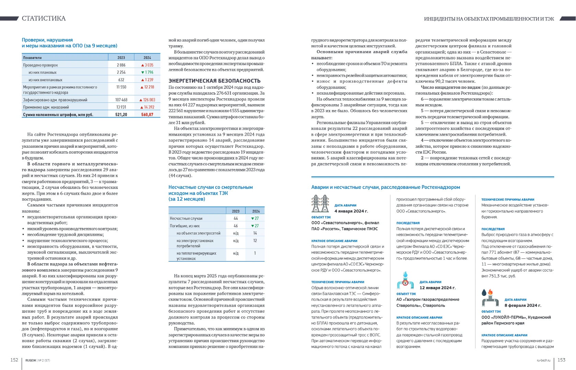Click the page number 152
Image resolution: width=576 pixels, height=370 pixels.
14,360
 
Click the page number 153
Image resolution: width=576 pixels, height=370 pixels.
561,360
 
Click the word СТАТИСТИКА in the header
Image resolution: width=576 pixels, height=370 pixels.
44,18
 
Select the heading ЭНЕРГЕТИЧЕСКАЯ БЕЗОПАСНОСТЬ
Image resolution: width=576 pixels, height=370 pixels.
214,81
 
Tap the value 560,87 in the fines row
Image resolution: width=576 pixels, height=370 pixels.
147,114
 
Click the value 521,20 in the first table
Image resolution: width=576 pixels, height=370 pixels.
121,114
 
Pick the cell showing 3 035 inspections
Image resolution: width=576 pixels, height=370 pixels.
147,65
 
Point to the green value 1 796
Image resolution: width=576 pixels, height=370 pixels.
147,72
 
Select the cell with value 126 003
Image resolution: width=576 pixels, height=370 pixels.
147,100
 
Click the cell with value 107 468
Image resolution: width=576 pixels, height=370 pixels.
121,100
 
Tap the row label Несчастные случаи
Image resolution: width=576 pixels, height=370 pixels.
186,218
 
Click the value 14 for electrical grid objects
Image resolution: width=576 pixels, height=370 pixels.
255,233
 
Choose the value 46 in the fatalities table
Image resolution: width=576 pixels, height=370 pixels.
236,226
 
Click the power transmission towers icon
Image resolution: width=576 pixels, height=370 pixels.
320,203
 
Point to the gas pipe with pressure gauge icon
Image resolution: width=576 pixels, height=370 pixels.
405,281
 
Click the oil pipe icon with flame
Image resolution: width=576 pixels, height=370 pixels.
490,298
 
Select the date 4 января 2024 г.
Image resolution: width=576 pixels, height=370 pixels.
351,211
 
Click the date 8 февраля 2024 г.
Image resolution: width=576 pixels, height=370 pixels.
523,305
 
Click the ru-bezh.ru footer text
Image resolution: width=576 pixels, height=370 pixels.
543,360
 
